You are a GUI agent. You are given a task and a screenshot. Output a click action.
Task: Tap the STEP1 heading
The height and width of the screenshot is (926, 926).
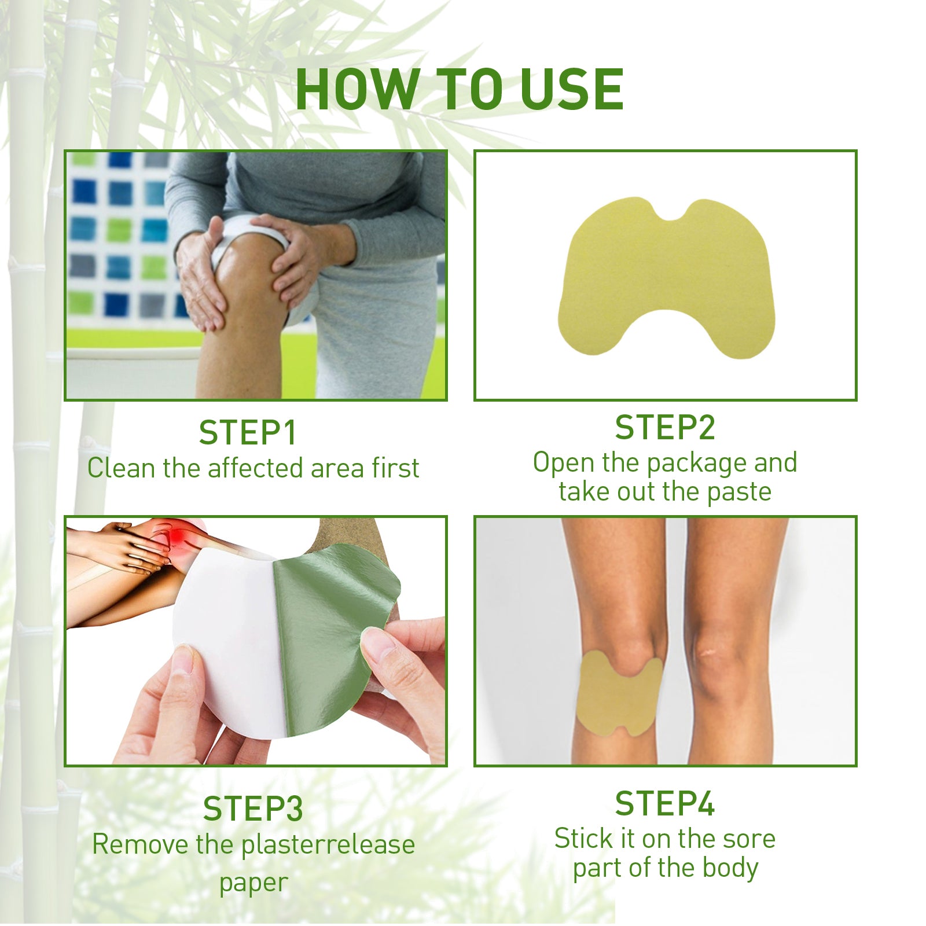point(248,433)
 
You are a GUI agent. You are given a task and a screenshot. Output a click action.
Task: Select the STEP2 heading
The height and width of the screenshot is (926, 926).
point(665,428)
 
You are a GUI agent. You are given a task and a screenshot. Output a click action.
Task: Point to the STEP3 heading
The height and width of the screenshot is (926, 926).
point(253,809)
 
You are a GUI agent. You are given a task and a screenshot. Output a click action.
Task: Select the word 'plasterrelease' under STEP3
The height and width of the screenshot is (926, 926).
point(328,844)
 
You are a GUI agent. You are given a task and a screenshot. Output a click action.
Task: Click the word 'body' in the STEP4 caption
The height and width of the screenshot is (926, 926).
point(731,868)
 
